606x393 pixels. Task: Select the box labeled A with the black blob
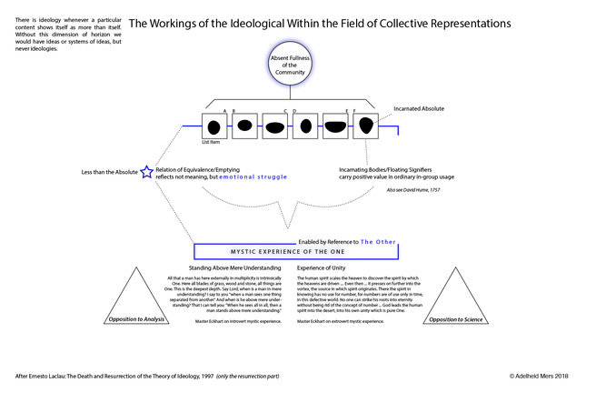click(215, 126)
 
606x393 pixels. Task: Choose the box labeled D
click(306, 126)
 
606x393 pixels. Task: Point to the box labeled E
click(336, 126)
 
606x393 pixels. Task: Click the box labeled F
click(365, 126)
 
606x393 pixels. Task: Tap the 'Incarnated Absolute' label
click(418, 108)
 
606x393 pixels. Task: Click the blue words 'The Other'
click(378, 242)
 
